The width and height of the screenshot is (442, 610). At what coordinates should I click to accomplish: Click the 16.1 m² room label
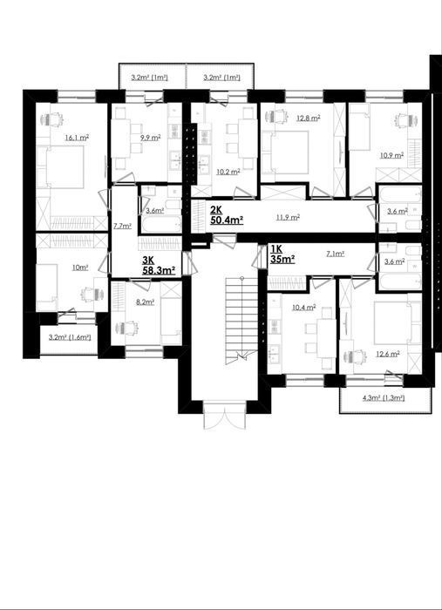77,137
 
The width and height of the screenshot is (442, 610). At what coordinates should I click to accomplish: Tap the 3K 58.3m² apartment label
159,266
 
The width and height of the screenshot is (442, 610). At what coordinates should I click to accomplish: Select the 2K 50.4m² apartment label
227,216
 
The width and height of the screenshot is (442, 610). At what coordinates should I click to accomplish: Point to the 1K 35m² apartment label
282,254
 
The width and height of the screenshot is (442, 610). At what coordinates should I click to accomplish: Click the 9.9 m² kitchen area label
151,137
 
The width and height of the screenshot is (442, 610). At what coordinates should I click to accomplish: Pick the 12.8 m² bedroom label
309,118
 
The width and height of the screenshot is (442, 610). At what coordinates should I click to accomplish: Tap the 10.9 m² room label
391,156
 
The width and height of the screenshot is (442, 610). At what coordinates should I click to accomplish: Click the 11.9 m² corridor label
288,217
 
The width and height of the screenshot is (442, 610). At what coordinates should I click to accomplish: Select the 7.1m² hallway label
335,254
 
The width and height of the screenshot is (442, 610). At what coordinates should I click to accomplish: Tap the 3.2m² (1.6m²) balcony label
70,337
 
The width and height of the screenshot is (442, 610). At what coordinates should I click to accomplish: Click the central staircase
241,321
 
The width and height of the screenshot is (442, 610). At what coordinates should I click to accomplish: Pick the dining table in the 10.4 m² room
326,338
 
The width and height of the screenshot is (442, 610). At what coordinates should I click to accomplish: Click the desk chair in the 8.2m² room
128,328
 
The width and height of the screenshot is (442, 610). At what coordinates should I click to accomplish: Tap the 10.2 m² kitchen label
228,172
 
